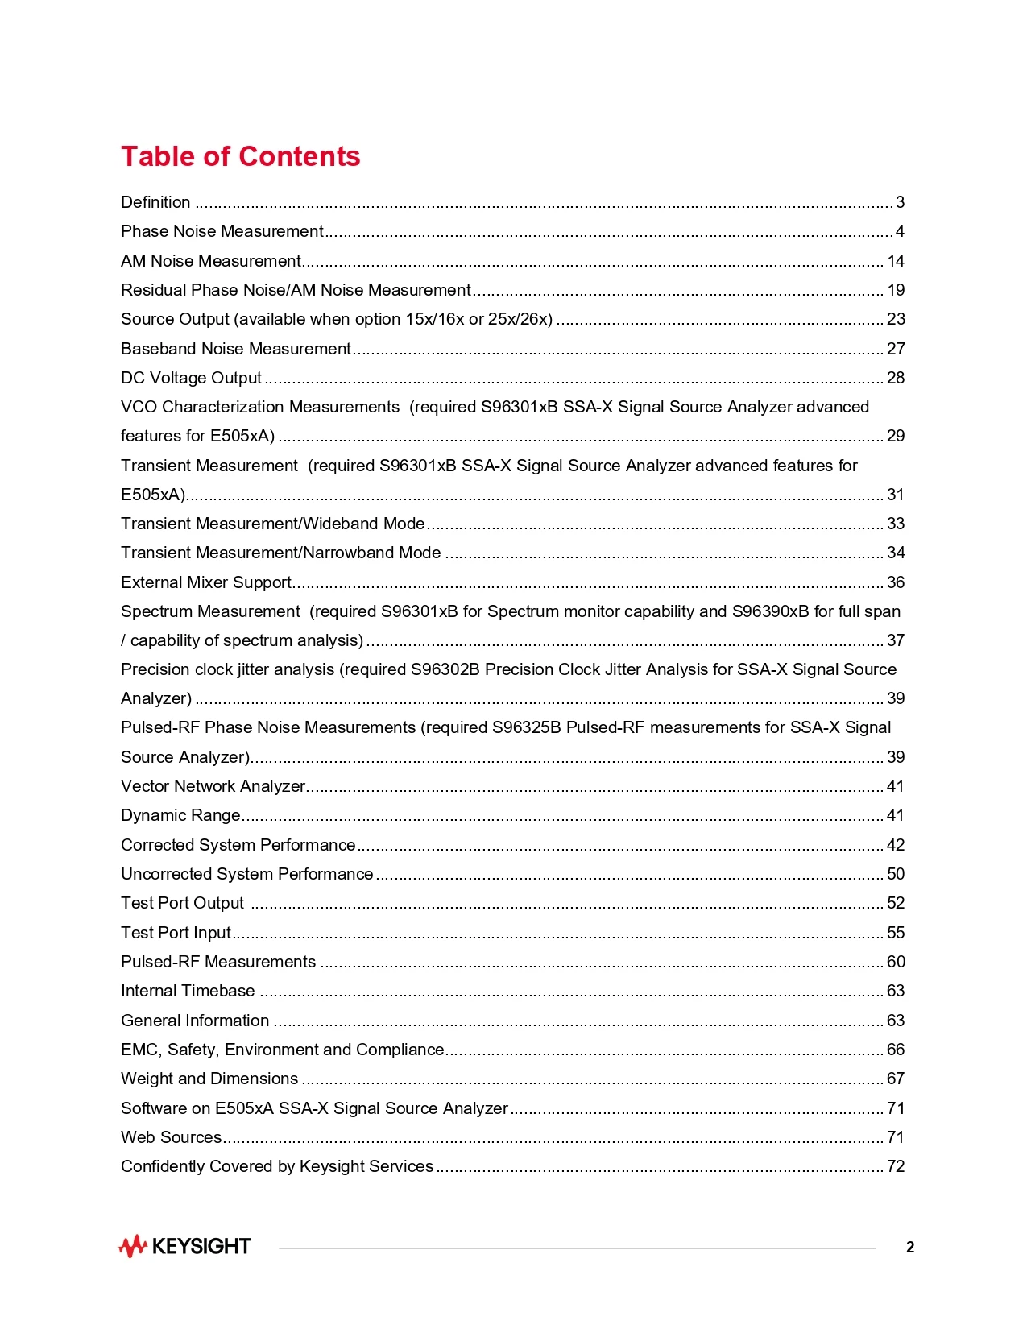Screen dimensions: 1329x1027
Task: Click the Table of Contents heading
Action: [240, 156]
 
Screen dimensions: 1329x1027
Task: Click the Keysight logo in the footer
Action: [185, 1246]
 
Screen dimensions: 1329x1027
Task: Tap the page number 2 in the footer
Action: [910, 1248]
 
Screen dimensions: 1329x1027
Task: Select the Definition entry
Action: [155, 202]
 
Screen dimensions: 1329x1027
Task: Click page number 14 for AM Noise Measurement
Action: [896, 261]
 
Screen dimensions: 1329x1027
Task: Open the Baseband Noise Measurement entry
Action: [236, 349]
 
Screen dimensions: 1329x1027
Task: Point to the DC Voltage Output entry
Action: [191, 378]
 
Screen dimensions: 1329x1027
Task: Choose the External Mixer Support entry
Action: [206, 582]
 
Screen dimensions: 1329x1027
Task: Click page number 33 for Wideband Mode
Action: [896, 524]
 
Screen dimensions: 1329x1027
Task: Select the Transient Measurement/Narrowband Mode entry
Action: [280, 553]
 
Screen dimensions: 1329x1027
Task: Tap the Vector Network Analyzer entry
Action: [213, 786]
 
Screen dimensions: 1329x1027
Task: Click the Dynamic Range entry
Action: [180, 815]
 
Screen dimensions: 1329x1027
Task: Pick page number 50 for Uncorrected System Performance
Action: [896, 874]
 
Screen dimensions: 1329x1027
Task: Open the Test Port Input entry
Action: [176, 933]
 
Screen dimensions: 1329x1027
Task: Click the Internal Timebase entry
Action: [188, 991]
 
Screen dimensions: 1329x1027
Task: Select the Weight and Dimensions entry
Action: [209, 1079]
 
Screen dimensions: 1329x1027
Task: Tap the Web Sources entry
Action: [171, 1137]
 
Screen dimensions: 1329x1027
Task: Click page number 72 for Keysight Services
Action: [896, 1166]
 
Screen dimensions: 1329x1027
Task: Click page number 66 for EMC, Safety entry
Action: [896, 1050]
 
